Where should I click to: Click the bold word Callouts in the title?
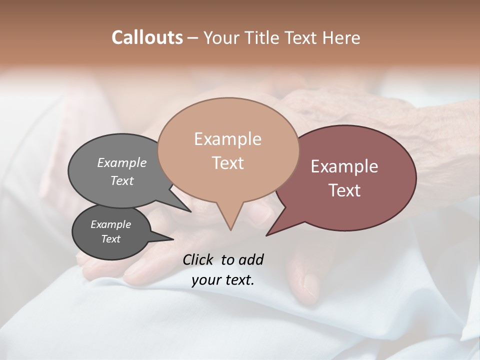[x=147, y=37]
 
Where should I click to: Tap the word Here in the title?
[x=342, y=37]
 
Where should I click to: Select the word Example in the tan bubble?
[x=227, y=139]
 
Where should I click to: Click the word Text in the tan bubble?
[x=227, y=163]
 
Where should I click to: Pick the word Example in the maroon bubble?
[x=344, y=166]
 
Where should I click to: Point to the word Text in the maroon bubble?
[x=344, y=190]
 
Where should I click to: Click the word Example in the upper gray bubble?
[x=122, y=163]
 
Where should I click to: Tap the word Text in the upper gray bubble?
[x=122, y=180]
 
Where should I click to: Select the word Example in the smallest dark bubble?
[x=110, y=224]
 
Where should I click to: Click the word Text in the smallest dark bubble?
[x=110, y=239]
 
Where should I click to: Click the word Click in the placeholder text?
[x=198, y=259]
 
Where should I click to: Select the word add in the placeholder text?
[x=250, y=259]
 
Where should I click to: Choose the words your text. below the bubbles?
[x=222, y=280]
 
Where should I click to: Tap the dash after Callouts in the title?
[x=193, y=38]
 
